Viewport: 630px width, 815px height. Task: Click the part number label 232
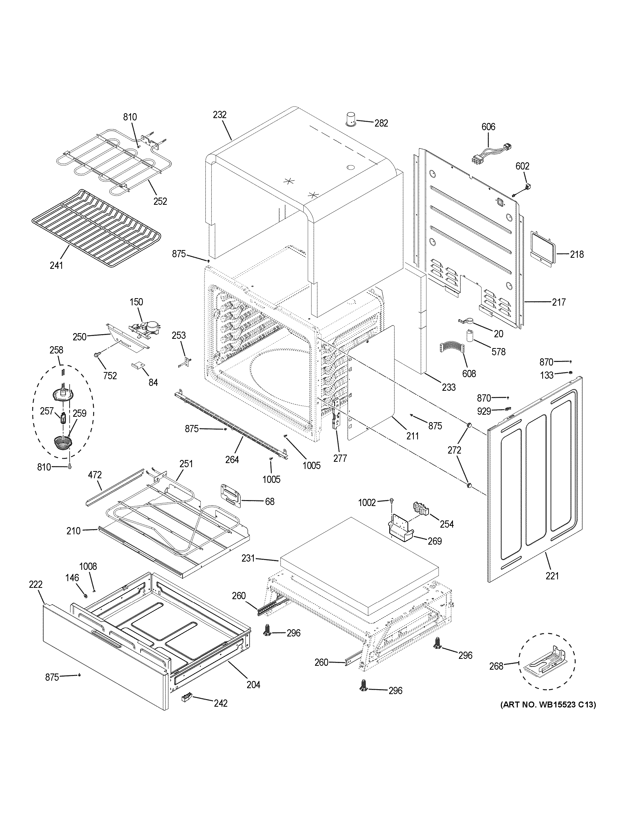point(220,114)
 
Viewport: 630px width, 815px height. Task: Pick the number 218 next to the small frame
point(577,254)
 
